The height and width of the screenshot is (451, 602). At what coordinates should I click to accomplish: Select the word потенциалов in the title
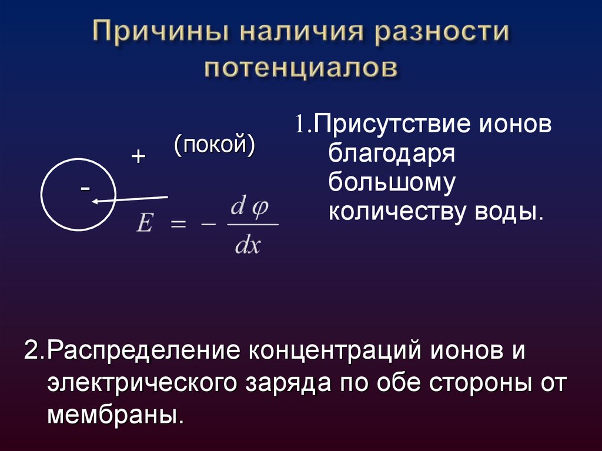click(x=301, y=67)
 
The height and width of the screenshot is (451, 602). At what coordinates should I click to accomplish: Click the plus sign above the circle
click(x=138, y=156)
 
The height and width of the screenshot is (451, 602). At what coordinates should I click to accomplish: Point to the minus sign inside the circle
click(x=86, y=188)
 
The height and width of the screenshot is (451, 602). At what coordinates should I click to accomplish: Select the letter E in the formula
click(x=144, y=224)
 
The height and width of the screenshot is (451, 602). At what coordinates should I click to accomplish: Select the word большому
click(x=392, y=183)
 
